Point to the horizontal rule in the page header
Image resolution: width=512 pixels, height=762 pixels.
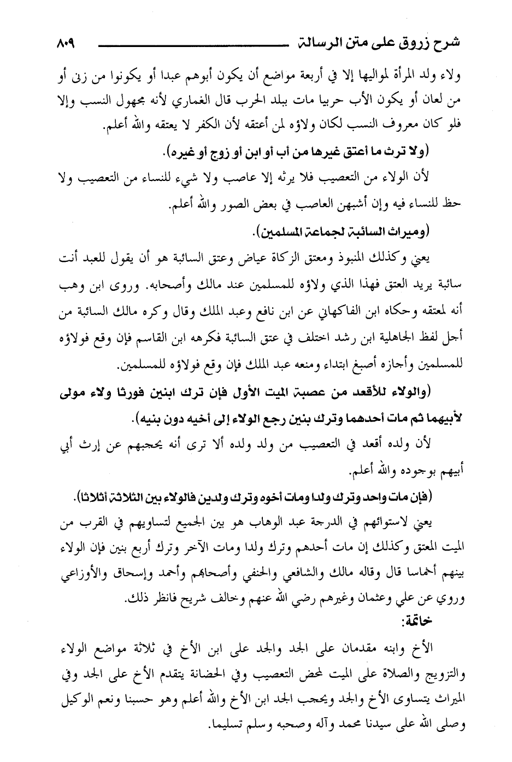(x=191, y=44)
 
